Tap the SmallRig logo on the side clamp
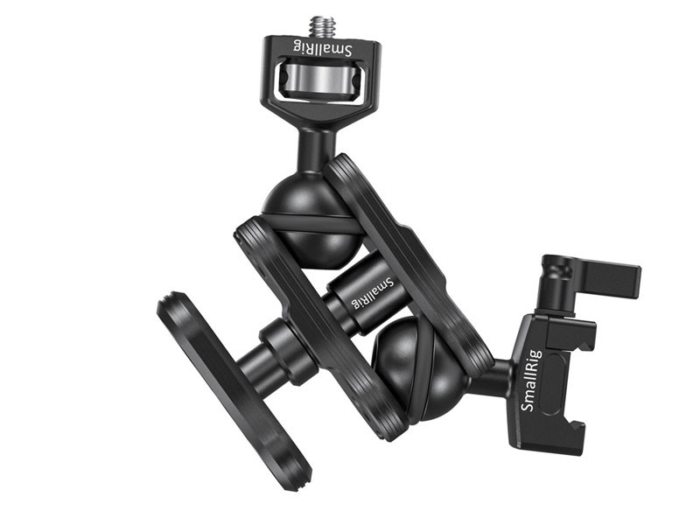tap(532, 381)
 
